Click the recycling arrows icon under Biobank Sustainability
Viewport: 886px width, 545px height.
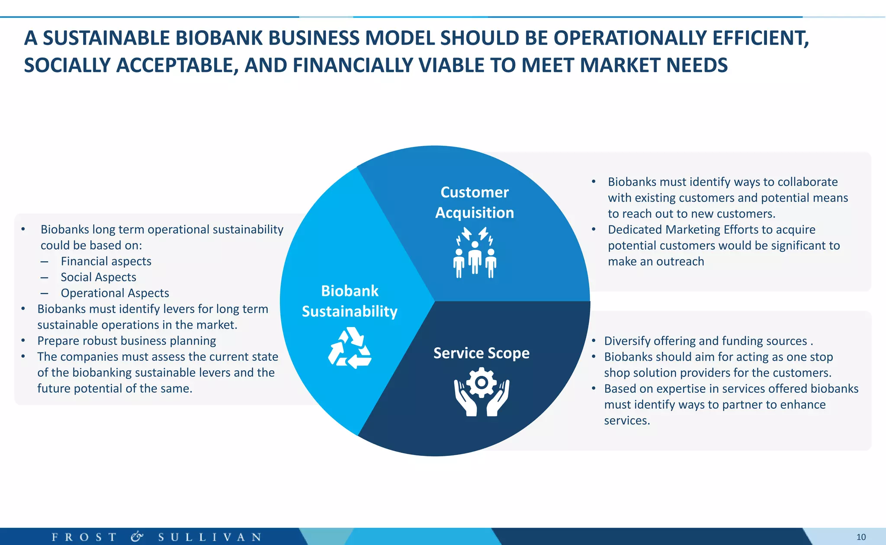point(350,348)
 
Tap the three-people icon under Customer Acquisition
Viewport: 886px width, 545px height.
point(475,253)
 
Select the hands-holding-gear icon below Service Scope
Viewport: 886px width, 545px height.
point(482,392)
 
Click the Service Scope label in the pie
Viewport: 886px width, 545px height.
point(481,353)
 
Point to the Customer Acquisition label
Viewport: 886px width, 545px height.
point(475,202)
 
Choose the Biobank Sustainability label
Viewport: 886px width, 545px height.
point(350,301)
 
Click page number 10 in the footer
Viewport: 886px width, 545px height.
point(861,537)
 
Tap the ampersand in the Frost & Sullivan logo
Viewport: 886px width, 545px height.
point(137,537)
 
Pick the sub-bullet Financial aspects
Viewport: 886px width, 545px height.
point(106,261)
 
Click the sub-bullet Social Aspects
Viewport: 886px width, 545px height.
point(98,277)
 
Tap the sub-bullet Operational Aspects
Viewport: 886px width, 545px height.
point(115,293)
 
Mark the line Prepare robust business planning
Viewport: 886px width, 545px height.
point(126,341)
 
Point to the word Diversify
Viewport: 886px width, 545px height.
point(627,341)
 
